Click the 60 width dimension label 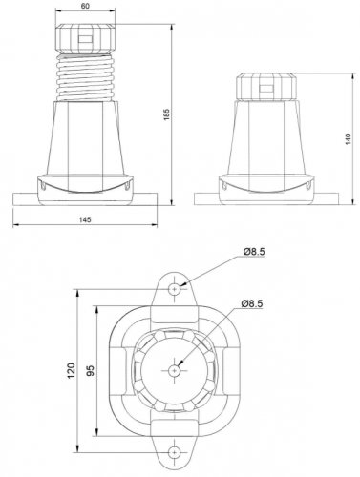85,6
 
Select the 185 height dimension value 167,114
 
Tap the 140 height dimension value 349,139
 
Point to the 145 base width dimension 85,219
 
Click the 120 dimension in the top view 71,370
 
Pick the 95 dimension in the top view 91,370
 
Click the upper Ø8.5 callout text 254,252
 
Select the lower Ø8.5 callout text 252,303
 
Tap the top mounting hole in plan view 175,289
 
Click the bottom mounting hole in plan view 175,451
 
